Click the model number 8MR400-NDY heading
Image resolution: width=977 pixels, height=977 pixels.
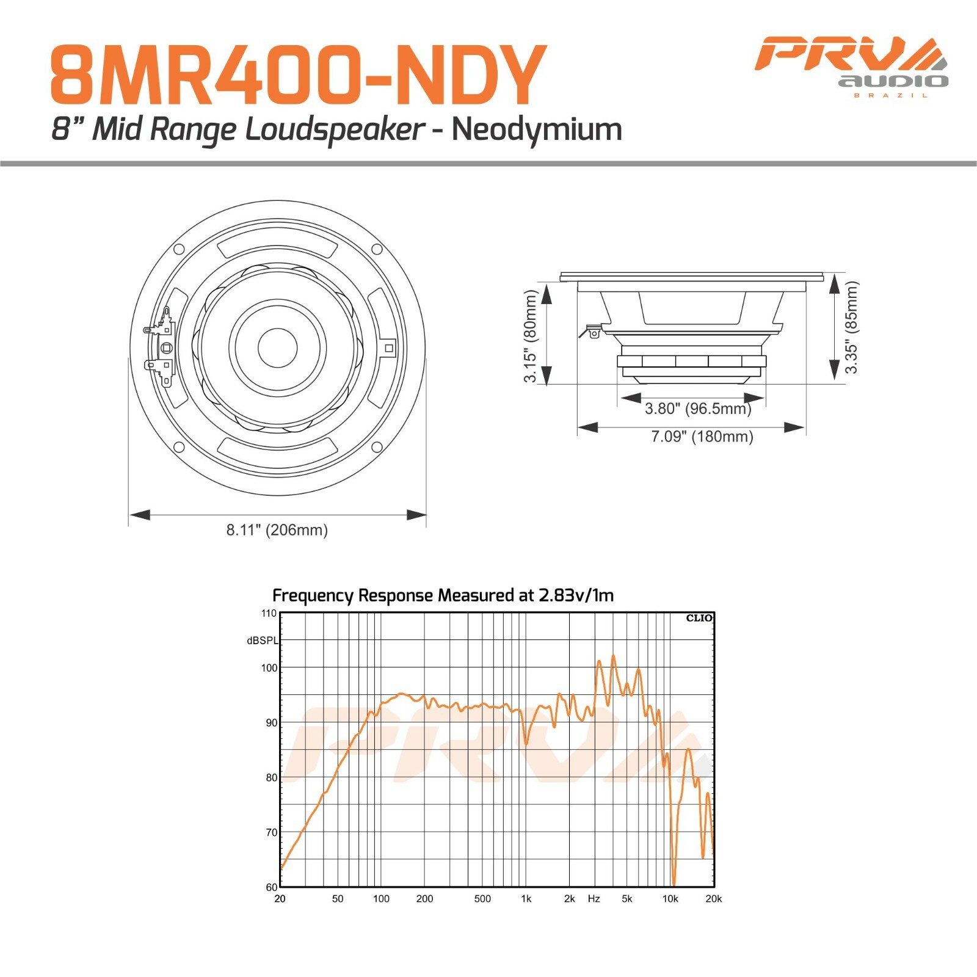point(297,74)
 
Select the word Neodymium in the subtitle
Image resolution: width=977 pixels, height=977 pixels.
point(537,129)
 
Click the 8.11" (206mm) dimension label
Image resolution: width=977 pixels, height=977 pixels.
point(277,530)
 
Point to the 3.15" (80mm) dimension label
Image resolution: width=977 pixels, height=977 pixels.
point(530,336)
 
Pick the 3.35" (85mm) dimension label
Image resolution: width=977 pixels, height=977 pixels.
point(851,327)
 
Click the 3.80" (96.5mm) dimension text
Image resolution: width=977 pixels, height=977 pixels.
point(698,409)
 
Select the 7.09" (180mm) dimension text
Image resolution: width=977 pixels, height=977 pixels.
point(702,437)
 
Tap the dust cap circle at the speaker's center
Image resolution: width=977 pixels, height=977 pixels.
point(278,347)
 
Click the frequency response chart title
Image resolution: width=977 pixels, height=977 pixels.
point(443,595)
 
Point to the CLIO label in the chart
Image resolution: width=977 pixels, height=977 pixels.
point(699,618)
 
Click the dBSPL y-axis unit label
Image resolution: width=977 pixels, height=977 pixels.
point(262,641)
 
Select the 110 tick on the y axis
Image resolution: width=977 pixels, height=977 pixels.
point(269,613)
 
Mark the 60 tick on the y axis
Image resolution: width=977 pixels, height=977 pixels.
point(271,887)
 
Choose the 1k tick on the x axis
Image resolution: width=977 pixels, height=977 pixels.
point(526,899)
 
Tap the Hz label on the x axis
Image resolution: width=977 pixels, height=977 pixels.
point(594,899)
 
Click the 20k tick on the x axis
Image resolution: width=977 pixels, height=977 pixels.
point(713,899)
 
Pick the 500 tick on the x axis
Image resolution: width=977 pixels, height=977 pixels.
point(482,899)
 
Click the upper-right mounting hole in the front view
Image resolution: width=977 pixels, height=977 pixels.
point(377,249)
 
